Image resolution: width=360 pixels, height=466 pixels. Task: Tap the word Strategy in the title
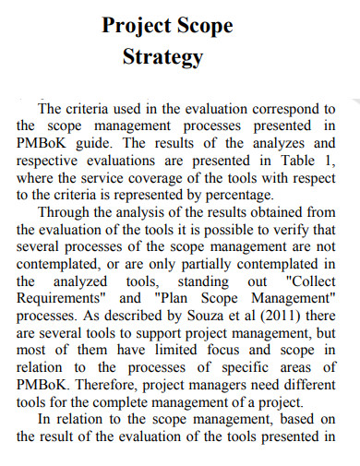[162, 57]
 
